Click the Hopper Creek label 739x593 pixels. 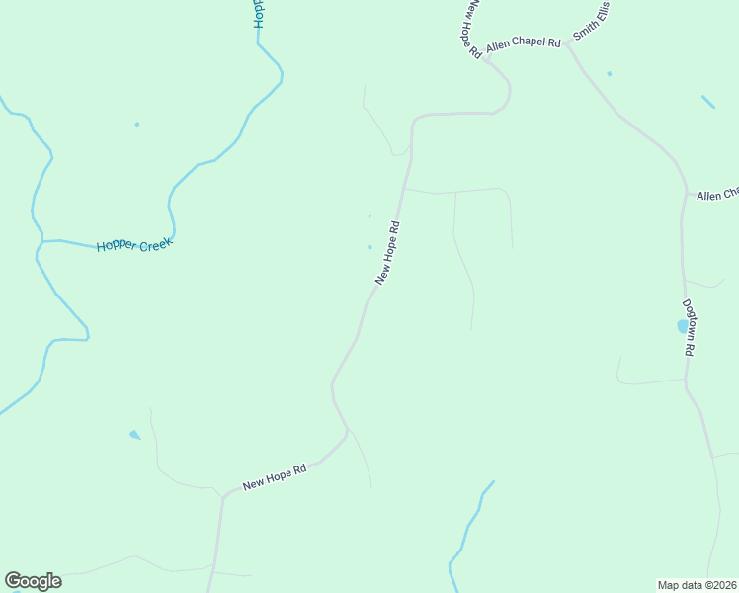pos(134,243)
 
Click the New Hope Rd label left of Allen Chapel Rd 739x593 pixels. pos(470,28)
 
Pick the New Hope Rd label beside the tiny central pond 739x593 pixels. pos(387,253)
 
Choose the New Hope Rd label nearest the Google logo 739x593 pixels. pos(275,476)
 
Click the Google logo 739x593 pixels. pos(33,581)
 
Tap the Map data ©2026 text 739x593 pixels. pos(697,585)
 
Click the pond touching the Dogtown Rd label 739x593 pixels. pos(682,325)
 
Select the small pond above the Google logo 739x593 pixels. pos(134,434)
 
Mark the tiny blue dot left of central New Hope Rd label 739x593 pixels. pos(370,247)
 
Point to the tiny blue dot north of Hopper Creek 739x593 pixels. pos(137,125)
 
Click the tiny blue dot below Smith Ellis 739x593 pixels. pos(609,74)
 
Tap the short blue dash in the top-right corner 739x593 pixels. pos(708,102)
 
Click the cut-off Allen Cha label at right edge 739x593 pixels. pos(717,195)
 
